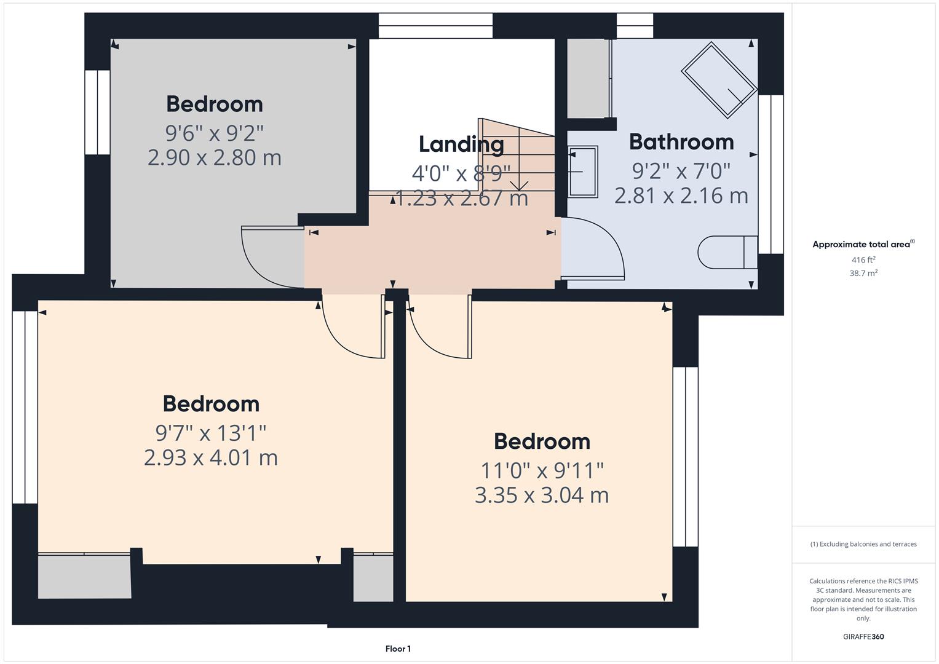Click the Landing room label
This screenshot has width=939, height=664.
461,144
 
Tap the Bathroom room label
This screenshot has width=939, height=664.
681,142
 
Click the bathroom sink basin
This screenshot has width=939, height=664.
582,172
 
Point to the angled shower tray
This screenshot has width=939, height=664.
718,80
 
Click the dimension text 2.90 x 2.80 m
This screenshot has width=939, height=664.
215,157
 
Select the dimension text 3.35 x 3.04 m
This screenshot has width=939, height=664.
542,496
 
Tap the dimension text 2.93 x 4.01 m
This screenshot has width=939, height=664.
211,458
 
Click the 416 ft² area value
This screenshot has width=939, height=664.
863,260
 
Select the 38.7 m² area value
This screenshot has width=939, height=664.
863,273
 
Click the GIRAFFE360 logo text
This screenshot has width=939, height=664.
863,636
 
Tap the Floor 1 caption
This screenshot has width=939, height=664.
398,649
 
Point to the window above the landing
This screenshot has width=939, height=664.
435,26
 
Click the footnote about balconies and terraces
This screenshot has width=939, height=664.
863,544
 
